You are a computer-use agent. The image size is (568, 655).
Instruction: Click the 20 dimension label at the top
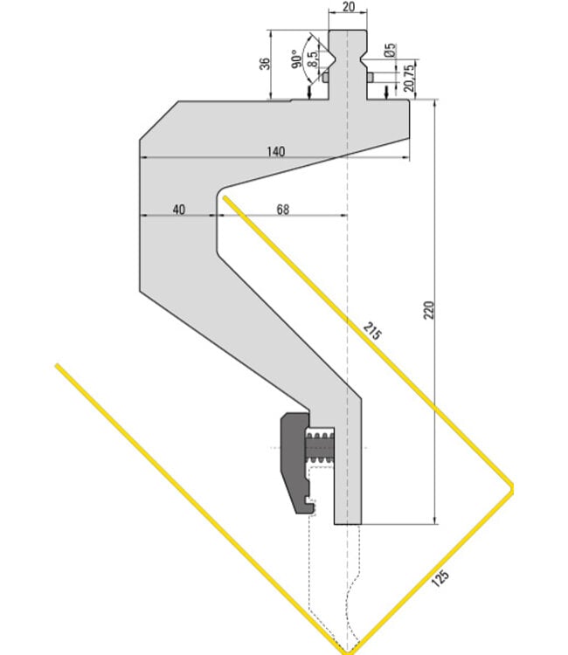[348, 6]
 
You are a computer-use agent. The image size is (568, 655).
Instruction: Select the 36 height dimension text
[265, 64]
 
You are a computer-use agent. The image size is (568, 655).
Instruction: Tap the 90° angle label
[295, 59]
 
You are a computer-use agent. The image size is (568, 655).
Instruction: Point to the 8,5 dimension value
[312, 59]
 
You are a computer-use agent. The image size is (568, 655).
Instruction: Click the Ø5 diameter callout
[390, 50]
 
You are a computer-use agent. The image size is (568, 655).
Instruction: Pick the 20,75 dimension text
[409, 78]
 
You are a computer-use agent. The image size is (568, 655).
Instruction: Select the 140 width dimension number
[276, 151]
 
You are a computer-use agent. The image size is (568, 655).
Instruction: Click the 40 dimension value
[179, 210]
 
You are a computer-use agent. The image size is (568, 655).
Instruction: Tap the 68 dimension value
[283, 210]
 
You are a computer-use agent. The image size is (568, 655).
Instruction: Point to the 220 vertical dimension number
[429, 310]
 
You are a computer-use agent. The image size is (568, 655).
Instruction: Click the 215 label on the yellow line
[371, 331]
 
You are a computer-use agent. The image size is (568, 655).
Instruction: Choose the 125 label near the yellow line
[440, 578]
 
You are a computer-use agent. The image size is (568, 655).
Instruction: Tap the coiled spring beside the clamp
[320, 447]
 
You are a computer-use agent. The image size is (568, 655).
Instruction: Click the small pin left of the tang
[326, 77]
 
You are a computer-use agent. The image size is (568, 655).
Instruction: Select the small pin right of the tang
[370, 77]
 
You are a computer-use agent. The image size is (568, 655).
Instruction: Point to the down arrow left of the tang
[309, 92]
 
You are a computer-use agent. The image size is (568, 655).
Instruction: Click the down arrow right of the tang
[386, 92]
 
